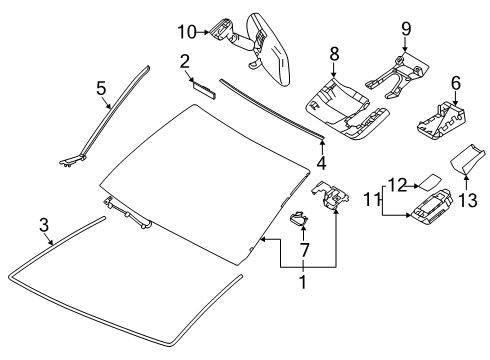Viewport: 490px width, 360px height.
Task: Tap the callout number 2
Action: [185, 62]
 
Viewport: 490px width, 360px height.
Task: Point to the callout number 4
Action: [321, 162]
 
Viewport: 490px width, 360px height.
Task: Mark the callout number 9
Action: [405, 27]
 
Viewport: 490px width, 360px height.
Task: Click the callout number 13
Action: [466, 198]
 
